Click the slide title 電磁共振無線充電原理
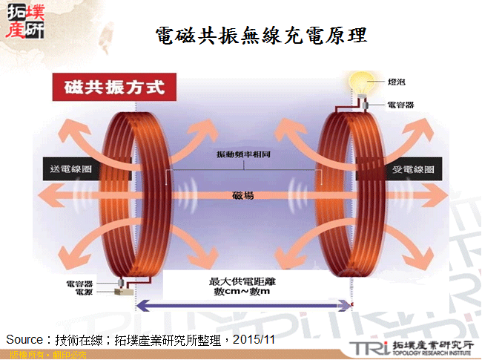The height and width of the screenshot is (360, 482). point(261,35)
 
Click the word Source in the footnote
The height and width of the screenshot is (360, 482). point(22,339)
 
